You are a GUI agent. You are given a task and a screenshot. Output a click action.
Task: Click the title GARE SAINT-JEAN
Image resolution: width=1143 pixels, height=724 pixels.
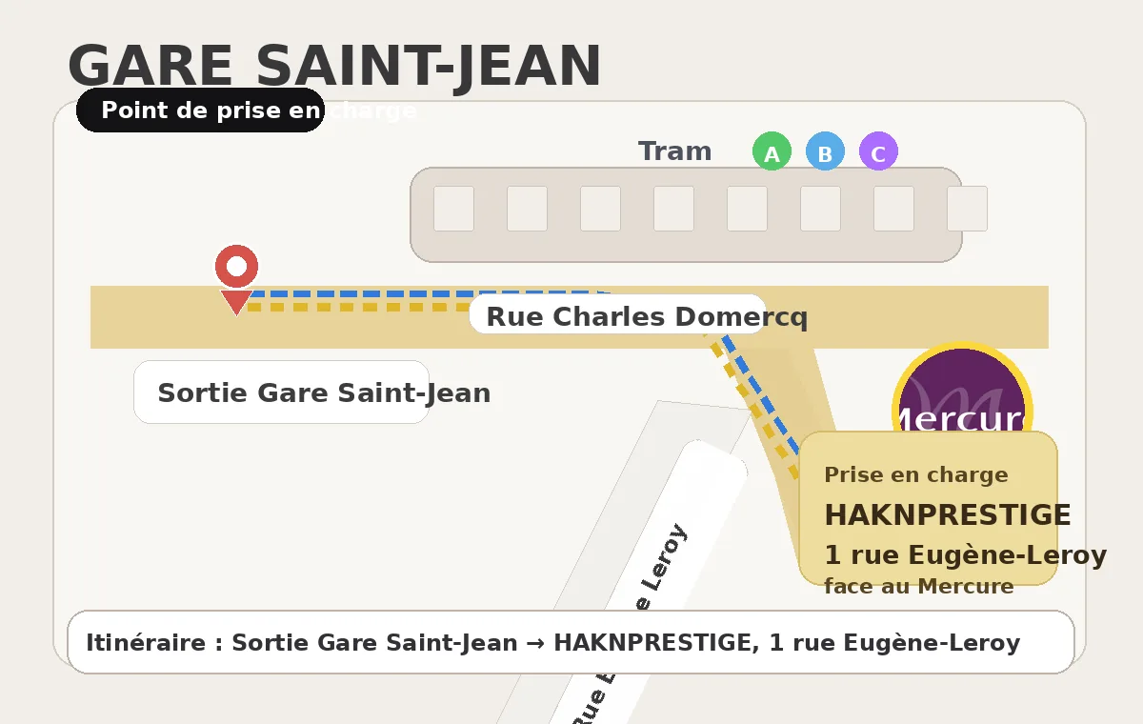coord(334,67)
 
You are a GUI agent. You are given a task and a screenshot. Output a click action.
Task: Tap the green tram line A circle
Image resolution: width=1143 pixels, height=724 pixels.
coord(772,152)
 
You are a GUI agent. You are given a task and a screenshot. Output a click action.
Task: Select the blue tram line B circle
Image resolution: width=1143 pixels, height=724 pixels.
coord(825,152)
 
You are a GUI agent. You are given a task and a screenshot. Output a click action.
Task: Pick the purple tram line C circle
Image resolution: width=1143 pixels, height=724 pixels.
coord(878,152)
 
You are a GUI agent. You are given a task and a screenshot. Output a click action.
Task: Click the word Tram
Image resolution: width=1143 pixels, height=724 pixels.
coord(674,151)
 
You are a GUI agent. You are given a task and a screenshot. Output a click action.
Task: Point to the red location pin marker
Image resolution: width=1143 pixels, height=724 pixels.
coord(236,277)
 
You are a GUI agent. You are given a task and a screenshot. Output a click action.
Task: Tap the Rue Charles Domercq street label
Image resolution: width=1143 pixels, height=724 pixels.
coord(646,316)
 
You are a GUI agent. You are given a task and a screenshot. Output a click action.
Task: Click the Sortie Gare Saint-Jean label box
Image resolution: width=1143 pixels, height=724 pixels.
coord(282,392)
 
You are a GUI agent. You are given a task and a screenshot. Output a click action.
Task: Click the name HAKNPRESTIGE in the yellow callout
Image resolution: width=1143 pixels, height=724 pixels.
coord(947,515)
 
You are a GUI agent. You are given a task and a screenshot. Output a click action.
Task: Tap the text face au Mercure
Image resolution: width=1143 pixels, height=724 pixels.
coord(918,586)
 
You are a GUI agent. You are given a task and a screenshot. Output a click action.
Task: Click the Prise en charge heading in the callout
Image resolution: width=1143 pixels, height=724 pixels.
coord(915,474)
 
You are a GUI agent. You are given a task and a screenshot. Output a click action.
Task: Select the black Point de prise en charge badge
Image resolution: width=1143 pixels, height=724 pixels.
coord(201,111)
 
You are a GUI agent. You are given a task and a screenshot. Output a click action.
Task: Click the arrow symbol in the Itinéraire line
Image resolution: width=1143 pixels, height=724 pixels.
coord(535,643)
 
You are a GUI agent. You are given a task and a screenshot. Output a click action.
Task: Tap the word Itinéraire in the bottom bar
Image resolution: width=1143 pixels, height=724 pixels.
coord(146,643)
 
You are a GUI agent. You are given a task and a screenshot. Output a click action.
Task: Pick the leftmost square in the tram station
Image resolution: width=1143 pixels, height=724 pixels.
coord(453,209)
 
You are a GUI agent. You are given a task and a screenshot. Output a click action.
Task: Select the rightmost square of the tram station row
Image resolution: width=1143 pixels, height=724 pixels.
coord(967,209)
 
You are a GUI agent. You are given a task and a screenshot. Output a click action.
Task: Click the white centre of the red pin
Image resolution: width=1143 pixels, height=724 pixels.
coord(236,266)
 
